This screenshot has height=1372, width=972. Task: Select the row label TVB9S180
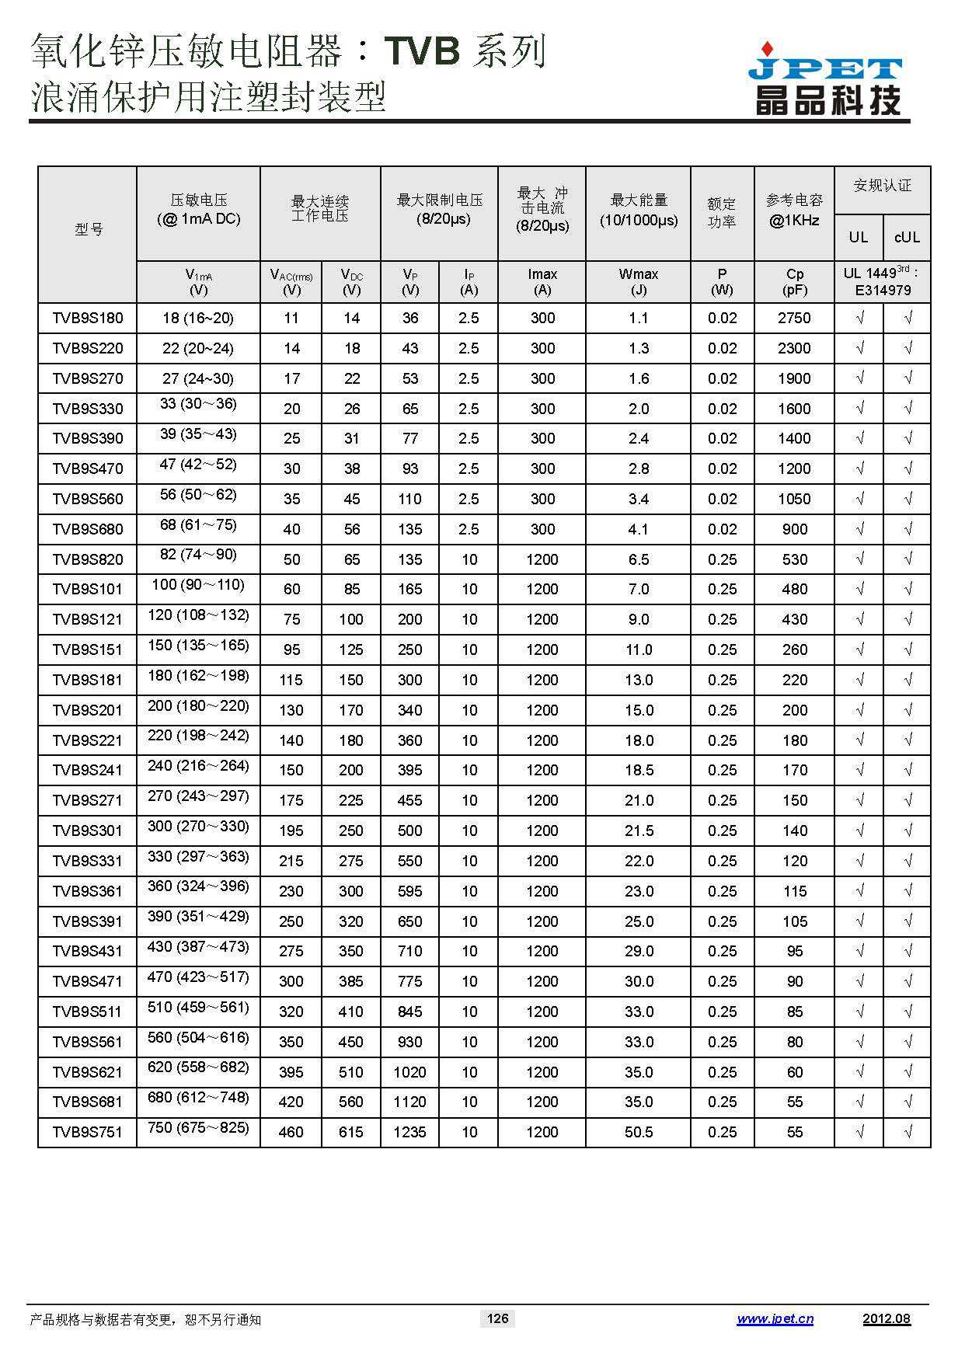point(88,319)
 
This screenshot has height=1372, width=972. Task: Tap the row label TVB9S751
point(88,1133)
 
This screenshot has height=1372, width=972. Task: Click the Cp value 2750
point(794,319)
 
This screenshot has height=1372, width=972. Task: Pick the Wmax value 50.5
point(639,1133)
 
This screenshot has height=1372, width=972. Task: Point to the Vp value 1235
point(409,1133)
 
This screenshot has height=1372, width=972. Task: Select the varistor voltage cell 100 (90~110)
point(198,585)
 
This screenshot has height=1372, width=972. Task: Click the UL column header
point(858,237)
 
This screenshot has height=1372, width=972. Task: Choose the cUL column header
point(907,237)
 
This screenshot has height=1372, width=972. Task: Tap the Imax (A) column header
point(542,282)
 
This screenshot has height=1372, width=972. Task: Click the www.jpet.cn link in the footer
point(775,1318)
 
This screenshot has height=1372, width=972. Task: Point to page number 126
point(497,1318)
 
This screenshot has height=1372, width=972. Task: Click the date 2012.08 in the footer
point(886,1318)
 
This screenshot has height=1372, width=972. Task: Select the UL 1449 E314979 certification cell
point(882,282)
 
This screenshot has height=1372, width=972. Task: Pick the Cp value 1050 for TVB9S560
point(794,500)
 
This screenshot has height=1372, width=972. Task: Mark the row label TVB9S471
point(88,982)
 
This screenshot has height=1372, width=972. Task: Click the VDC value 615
point(351,1133)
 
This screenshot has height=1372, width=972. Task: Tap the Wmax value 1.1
point(639,319)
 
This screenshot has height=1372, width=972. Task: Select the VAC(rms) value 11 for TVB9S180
point(291,319)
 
